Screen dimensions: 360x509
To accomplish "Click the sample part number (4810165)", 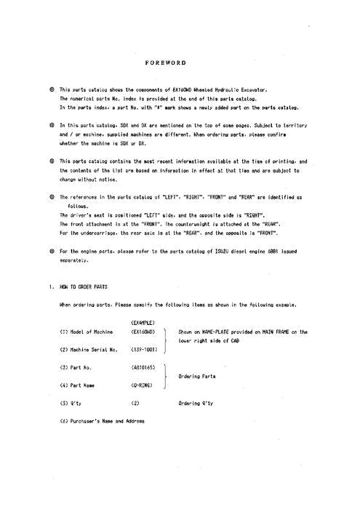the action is coord(144,366).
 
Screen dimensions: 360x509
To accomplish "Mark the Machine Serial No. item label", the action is coord(89,350).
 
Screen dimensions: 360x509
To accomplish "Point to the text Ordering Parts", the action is coord(197,376).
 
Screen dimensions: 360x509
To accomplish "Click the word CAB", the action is coord(234,340).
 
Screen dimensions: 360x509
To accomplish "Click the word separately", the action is coord(73,260).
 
